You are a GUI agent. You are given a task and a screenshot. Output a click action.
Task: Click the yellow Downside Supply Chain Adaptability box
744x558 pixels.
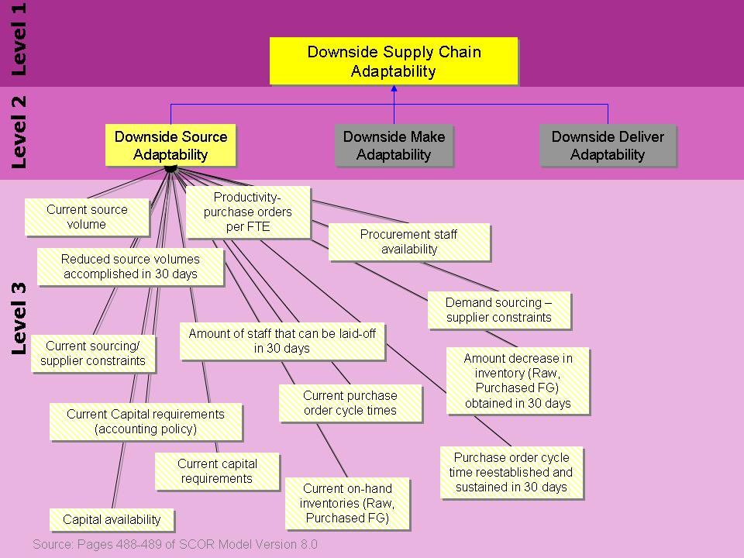[394, 61]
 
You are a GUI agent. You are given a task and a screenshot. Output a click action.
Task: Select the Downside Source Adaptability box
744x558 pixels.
[170, 145]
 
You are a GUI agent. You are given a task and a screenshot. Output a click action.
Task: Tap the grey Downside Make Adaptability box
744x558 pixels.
[394, 145]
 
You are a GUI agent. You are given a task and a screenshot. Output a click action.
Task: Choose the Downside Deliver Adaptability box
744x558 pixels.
[608, 145]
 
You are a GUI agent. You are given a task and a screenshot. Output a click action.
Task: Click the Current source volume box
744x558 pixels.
[87, 217]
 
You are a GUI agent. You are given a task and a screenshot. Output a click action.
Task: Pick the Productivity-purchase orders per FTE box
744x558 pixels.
[248, 212]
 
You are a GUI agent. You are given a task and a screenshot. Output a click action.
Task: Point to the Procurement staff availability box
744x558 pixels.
[409, 242]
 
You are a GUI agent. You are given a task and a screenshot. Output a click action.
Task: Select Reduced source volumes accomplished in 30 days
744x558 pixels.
[130, 266]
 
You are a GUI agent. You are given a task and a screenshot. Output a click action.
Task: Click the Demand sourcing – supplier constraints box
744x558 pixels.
[498, 310]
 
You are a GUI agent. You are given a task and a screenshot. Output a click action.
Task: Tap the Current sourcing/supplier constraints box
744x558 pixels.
[93, 353]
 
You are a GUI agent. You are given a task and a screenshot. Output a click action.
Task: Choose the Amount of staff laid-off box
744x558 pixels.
[282, 341]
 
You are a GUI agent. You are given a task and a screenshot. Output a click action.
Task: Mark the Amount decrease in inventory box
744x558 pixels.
[518, 381]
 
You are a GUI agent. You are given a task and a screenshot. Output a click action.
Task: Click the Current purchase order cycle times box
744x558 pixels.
[350, 403]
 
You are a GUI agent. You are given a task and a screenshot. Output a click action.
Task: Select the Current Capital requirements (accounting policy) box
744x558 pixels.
[146, 422]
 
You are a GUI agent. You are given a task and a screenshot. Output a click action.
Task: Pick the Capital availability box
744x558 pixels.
[112, 519]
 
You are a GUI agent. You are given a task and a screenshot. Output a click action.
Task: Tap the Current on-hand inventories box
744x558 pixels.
[347, 503]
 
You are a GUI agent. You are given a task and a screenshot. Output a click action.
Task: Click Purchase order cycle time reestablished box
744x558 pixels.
[511, 472]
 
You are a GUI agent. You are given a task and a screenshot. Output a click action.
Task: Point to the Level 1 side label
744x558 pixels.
[19, 39]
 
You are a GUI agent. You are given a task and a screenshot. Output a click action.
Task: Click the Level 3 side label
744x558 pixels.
[19, 319]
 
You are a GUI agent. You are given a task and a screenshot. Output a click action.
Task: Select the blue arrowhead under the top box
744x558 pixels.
[394, 88]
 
